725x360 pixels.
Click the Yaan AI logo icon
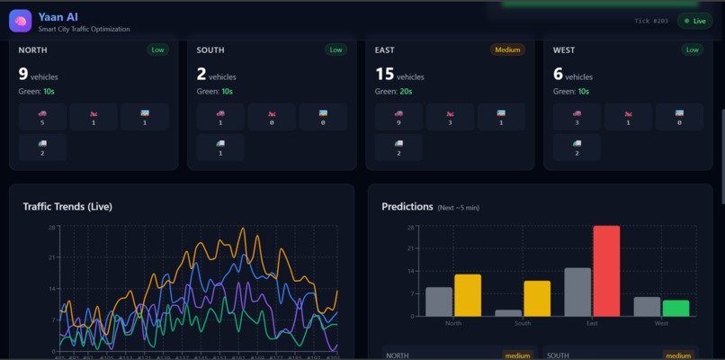[x=21, y=21]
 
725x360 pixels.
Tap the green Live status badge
[x=694, y=21]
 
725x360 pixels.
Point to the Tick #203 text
[x=651, y=21]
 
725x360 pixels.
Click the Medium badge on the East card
[x=507, y=49]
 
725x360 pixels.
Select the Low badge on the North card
[x=157, y=49]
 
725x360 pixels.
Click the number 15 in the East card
[x=384, y=75]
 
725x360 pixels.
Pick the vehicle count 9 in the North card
[x=23, y=75]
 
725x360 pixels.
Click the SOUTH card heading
[x=210, y=50]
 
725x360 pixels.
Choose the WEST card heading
[x=565, y=50]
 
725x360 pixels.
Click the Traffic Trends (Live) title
[x=67, y=206]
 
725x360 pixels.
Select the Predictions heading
[x=407, y=207]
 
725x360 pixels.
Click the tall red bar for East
[x=605, y=270]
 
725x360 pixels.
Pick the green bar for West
[x=676, y=308]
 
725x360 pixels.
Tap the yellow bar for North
[x=468, y=295]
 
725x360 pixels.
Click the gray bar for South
[x=508, y=312]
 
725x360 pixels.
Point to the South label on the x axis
[x=523, y=323]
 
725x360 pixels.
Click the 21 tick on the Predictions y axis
[x=410, y=249]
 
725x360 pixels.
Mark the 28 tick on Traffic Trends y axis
[x=53, y=228]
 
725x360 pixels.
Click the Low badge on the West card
[x=693, y=49]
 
